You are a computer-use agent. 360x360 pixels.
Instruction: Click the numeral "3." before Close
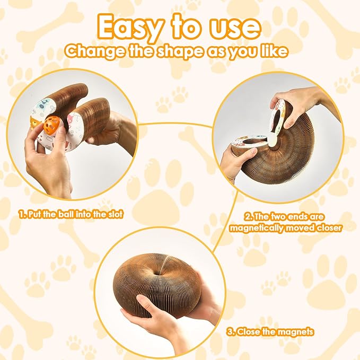pyautogui.click(x=231, y=332)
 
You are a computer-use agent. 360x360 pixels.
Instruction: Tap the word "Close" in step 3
pyautogui.click(x=253, y=332)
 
